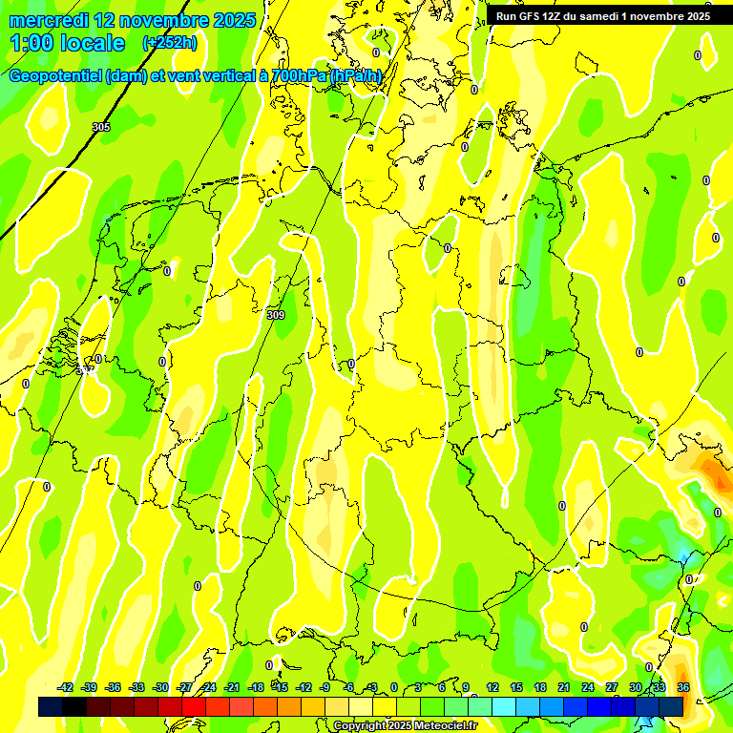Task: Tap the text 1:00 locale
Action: [x=68, y=43]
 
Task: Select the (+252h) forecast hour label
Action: [x=169, y=43]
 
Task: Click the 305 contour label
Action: [x=101, y=127]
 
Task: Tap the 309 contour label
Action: [x=276, y=315]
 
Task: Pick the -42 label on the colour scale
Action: [x=65, y=687]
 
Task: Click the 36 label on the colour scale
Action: [x=682, y=687]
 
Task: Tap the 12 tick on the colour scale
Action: [x=492, y=687]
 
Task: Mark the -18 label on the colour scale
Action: [x=256, y=687]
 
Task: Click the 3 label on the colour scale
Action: [x=418, y=687]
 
